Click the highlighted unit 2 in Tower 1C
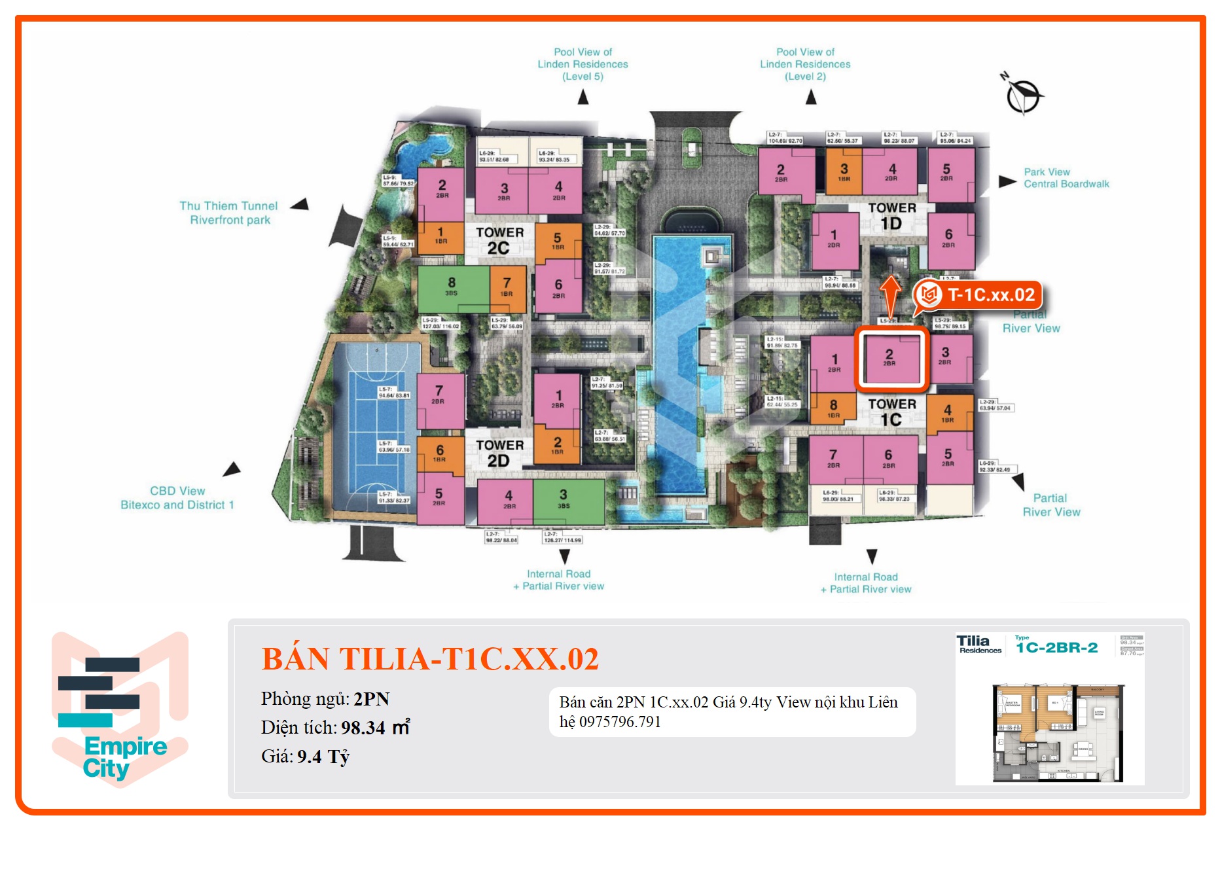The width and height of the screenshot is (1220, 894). [889, 359]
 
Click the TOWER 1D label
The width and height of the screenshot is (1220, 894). [891, 216]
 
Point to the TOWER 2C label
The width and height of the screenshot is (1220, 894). [499, 240]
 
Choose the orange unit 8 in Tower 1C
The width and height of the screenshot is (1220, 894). [833, 408]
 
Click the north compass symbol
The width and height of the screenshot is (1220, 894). [1022, 96]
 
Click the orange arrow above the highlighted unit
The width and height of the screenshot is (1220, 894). [890, 296]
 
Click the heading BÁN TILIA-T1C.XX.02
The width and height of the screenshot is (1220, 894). [430, 659]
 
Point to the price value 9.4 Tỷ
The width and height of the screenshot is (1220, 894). [323, 757]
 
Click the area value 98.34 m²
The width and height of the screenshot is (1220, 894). [375, 728]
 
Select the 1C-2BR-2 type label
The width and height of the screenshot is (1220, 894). [1056, 648]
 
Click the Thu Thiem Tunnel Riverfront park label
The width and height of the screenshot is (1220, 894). [229, 213]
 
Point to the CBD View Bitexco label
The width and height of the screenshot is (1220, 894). [177, 498]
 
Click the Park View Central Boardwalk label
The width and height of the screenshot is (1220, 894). [1066, 178]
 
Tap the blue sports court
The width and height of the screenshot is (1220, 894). [375, 425]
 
